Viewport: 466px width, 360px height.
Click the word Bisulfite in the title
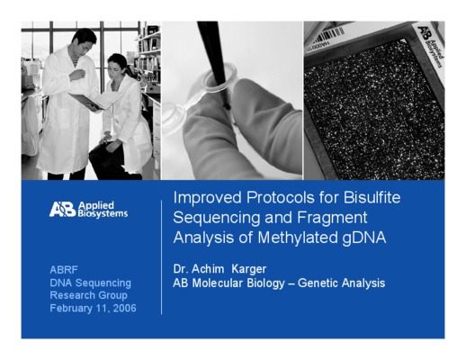372,198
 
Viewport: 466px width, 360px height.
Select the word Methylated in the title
298,238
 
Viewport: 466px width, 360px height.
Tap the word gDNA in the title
363,238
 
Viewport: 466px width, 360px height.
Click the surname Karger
249,269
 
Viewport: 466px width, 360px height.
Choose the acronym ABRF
64,270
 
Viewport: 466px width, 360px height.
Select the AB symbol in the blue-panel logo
62,209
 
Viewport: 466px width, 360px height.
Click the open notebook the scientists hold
95,100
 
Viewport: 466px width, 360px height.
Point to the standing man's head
85,40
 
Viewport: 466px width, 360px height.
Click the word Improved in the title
207,198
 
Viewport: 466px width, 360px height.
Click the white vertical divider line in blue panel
161,257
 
